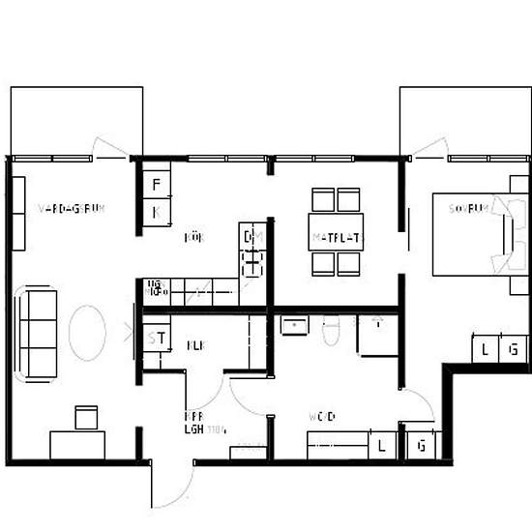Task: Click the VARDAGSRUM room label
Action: point(70,209)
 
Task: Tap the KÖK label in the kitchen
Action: point(193,236)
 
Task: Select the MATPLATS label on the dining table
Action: point(336,237)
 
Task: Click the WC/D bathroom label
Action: point(322,418)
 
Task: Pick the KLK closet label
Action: point(195,344)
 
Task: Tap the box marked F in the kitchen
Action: point(157,185)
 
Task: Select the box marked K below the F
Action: point(157,212)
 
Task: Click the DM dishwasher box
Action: point(252,237)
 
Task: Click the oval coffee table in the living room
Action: point(86,332)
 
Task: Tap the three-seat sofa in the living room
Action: point(40,333)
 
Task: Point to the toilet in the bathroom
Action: point(330,331)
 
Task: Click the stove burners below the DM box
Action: point(252,263)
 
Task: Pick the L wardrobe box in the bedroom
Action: point(485,350)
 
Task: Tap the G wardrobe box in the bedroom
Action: point(515,350)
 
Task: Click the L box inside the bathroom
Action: point(383,446)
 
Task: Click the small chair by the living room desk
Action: point(86,417)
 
